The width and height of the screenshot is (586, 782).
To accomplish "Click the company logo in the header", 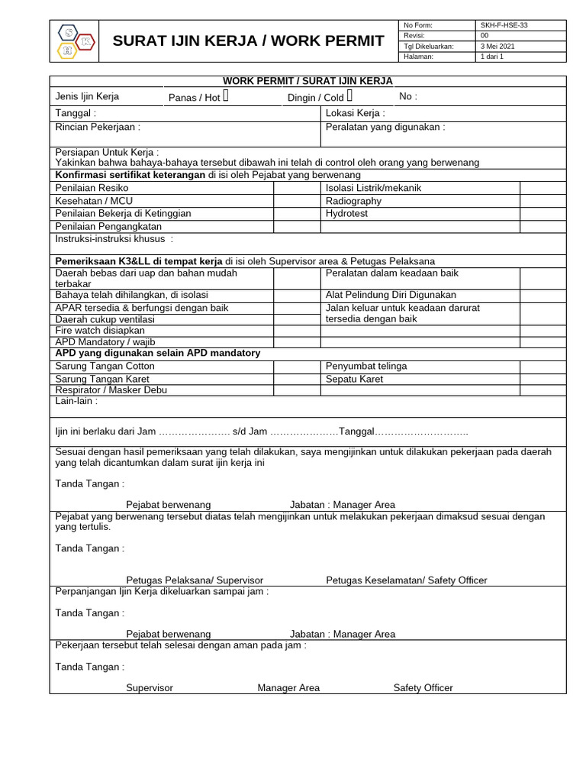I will pos(76,40).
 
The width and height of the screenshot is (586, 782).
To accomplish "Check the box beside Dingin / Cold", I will pos(349,96).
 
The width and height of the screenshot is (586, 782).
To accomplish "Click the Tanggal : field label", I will pos(76,113).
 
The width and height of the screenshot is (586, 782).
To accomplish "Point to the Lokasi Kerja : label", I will pos(355,113).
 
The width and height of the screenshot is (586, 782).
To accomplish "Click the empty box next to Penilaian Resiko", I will pos(297,188).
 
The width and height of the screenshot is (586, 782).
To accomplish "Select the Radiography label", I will pos(353,201).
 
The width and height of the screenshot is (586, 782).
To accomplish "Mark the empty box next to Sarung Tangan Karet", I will pos(297,379).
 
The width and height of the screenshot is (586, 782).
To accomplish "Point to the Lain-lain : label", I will pos(76,401).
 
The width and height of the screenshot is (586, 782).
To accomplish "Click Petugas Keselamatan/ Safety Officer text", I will pos(406,580).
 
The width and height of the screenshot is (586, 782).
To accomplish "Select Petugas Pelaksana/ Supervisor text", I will pos(195,580).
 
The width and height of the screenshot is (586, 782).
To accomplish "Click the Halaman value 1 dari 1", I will pos(492,57).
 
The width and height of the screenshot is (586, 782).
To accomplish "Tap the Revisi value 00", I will pos(485,35).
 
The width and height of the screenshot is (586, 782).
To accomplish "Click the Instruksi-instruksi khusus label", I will pos(114,239).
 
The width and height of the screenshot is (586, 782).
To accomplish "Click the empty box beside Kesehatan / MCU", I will pos(297,201).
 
